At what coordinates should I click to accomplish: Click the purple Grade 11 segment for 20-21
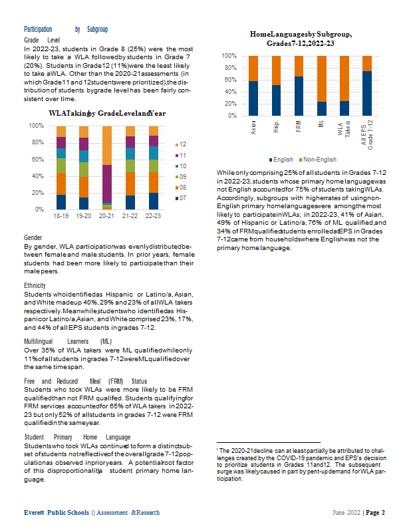[107, 184]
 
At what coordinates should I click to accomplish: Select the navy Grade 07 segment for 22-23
[154, 201]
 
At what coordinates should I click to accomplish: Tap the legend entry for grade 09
[181, 177]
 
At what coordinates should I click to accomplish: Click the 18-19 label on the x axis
[61, 215]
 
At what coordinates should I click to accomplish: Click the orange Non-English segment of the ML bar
[322, 78]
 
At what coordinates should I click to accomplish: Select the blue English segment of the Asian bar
[253, 98]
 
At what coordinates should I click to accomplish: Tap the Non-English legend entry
[318, 160]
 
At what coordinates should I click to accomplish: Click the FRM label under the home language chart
[299, 126]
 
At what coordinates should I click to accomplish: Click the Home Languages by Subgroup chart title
[301, 39]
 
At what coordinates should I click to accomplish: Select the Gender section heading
[33, 237]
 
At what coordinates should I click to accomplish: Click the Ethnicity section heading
[35, 286]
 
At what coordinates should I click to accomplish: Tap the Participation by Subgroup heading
[66, 29]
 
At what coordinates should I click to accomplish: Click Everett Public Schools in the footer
[57, 512]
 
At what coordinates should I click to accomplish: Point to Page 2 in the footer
[375, 512]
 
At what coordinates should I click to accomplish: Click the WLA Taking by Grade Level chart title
[107, 113]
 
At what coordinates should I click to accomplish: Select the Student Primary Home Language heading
[77, 437]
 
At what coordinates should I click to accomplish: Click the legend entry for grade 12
[181, 144]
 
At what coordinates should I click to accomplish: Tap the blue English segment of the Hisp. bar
[276, 100]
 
